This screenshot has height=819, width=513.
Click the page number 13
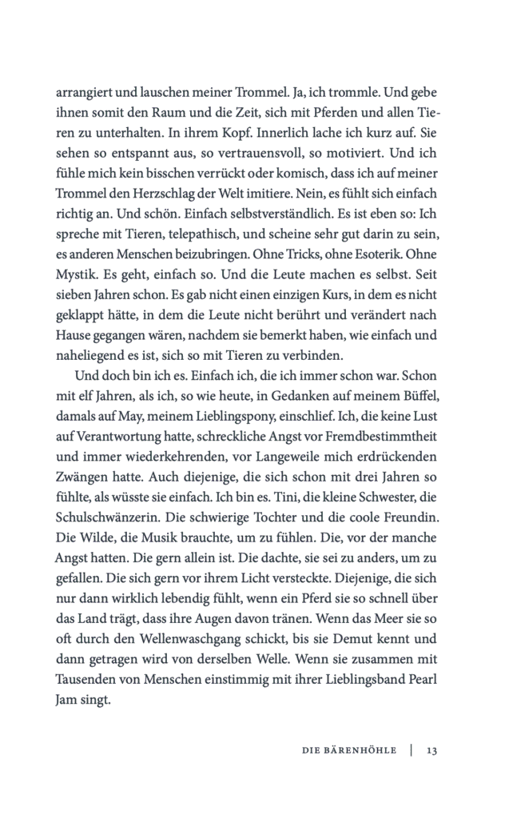point(431,750)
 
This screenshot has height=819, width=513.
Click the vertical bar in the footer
point(411,750)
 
